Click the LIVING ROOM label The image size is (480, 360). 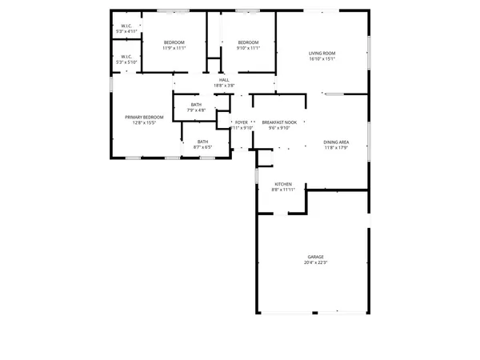[x=322, y=54]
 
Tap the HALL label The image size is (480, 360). [x=224, y=80]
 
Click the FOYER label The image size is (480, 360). [x=241, y=122]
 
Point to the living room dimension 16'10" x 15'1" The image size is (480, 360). [x=322, y=59]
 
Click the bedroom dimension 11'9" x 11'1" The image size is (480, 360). [x=174, y=48]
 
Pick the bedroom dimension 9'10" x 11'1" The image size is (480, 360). [x=248, y=48]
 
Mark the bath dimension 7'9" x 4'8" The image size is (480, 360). [x=195, y=110]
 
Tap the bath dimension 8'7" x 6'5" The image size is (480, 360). [x=202, y=147]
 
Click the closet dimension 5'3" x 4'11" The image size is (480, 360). [x=126, y=30]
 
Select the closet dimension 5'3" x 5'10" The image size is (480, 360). [x=126, y=62]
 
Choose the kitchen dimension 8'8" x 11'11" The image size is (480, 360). [x=285, y=190]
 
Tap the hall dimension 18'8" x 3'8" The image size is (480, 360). [x=224, y=86]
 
